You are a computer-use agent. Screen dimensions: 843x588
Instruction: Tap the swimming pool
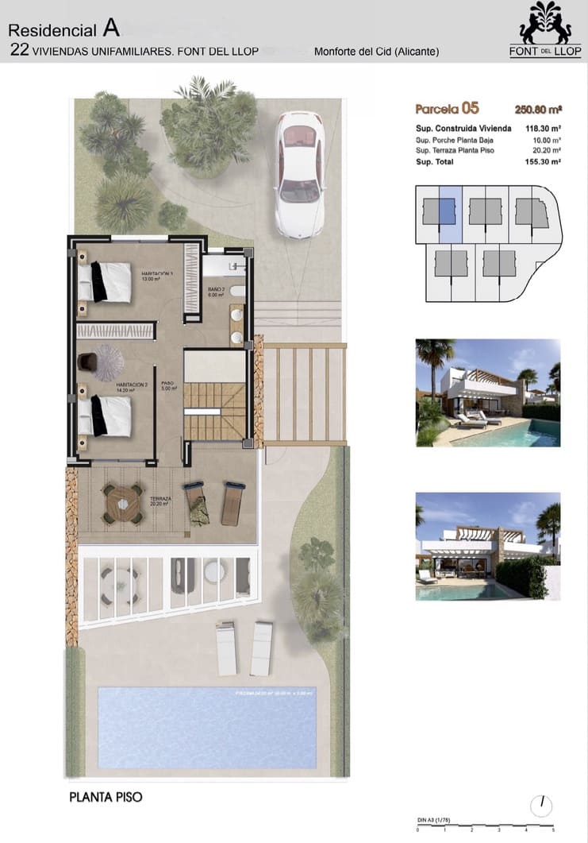pos(206,727)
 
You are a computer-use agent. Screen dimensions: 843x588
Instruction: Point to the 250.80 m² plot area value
pos(538,110)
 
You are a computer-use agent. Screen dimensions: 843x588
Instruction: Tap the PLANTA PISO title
pos(106,796)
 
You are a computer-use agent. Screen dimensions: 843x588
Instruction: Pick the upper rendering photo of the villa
pos(488,393)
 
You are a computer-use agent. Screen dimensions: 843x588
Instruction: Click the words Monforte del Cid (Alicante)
pos(377,52)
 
